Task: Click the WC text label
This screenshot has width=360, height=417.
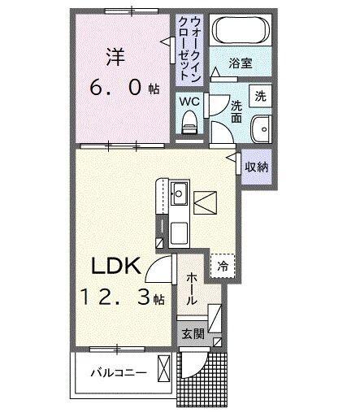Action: click(189, 102)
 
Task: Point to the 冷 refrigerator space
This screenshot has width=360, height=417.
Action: click(220, 264)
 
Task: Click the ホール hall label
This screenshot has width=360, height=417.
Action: click(191, 289)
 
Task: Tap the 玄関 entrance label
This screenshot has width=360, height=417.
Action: click(192, 332)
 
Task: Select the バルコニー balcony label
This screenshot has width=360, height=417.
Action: click(118, 374)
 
